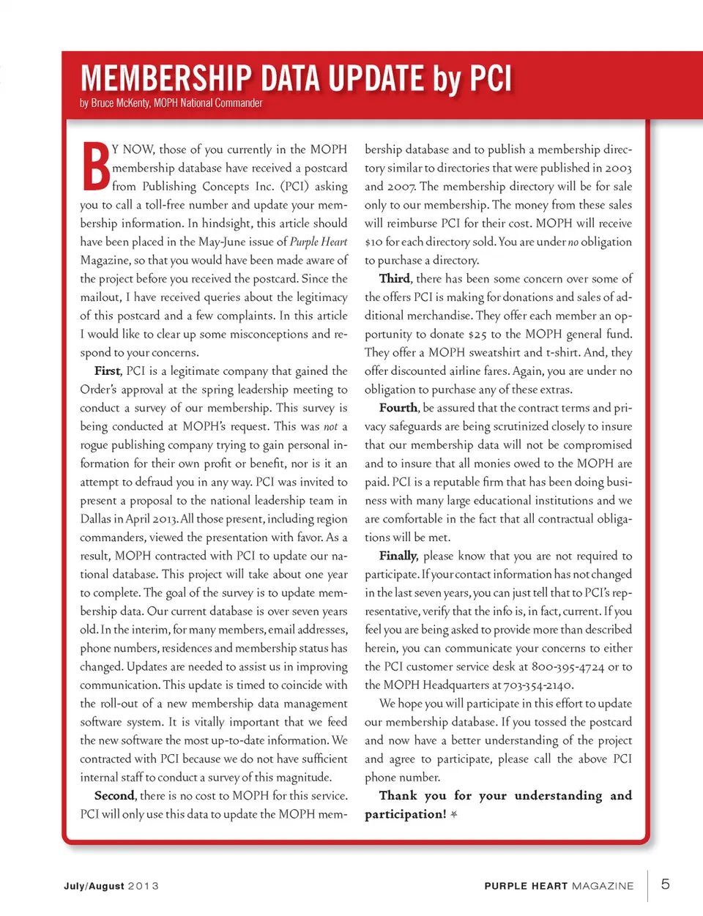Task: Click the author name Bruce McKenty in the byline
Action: pyautogui.click(x=120, y=103)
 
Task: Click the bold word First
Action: pyautogui.click(x=108, y=371)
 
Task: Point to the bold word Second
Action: pyautogui.click(x=114, y=796)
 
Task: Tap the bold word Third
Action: pyautogui.click(x=394, y=279)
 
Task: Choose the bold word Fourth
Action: pyautogui.click(x=398, y=408)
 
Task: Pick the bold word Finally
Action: pyautogui.click(x=398, y=556)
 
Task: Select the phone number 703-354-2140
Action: pyautogui.click(x=539, y=685)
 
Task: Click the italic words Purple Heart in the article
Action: pyautogui.click(x=318, y=242)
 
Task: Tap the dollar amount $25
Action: pyautogui.click(x=477, y=335)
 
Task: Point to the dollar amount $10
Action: pyautogui.click(x=373, y=242)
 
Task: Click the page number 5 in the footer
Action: pyautogui.click(x=665, y=884)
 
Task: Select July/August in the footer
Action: pyautogui.click(x=94, y=886)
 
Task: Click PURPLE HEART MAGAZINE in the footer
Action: pyautogui.click(x=559, y=886)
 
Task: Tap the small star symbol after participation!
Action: pyautogui.click(x=454, y=815)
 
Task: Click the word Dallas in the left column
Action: pyautogui.click(x=96, y=519)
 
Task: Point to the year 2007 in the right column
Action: pyautogui.click(x=401, y=187)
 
